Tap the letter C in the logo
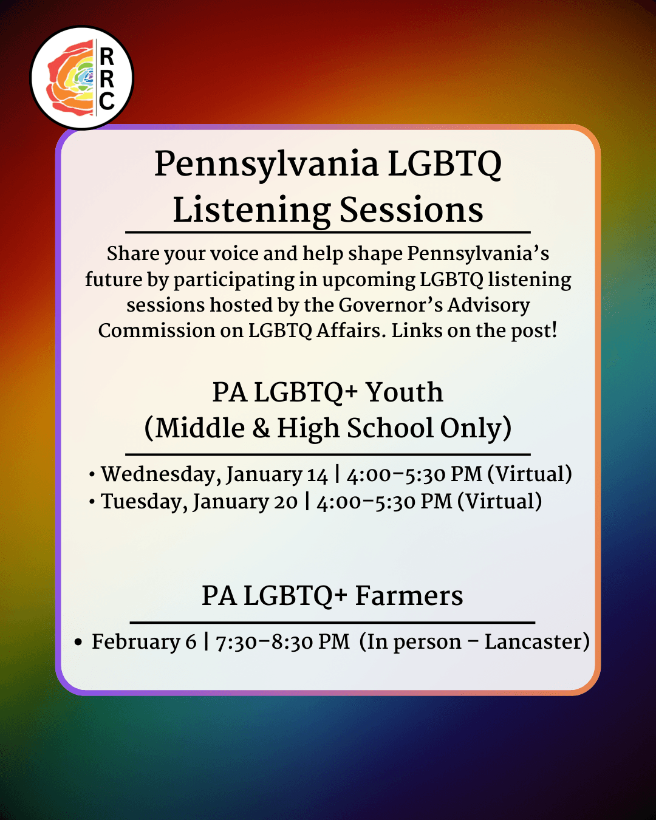107,101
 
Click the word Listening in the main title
251,210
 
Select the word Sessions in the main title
411,210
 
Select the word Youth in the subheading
404,392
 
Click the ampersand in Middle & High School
261,428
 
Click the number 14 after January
317,474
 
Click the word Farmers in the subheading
409,596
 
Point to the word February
135,642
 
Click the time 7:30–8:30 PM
282,642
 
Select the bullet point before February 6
78,642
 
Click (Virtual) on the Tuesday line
499,502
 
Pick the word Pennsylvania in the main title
267,164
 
